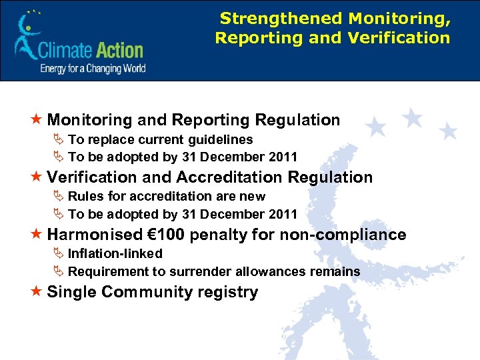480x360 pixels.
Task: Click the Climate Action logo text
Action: (x=91, y=50)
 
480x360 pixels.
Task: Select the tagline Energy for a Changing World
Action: (x=93, y=68)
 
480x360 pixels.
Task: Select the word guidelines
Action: (x=220, y=140)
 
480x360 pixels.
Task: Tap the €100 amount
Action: (x=167, y=235)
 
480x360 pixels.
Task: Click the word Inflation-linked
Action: (x=115, y=253)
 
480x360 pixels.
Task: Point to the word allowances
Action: (x=275, y=271)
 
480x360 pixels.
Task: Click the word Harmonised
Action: (x=95, y=235)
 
